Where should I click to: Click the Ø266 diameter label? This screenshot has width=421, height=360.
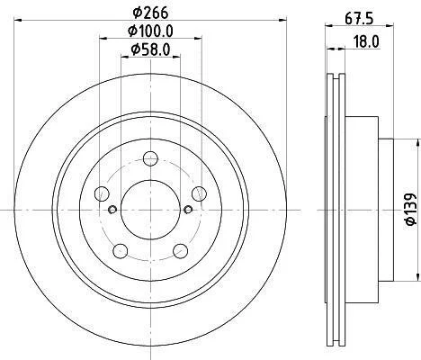pyautogui.click(x=150, y=13)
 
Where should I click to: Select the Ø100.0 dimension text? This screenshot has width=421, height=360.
pyautogui.click(x=150, y=31)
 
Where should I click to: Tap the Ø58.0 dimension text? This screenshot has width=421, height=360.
pyautogui.click(x=150, y=49)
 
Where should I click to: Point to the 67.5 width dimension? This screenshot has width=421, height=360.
pyautogui.click(x=359, y=19)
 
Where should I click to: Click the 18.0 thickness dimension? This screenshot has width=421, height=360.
pyautogui.click(x=365, y=41)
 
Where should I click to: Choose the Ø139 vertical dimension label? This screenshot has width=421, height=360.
pyautogui.click(x=411, y=209)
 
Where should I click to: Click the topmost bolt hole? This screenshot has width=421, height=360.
pyautogui.click(x=150, y=158)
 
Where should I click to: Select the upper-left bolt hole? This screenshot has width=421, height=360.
pyautogui.click(x=102, y=193)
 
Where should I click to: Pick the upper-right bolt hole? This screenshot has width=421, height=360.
pyautogui.click(x=199, y=193)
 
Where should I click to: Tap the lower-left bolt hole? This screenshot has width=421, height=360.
pyautogui.click(x=121, y=251)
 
